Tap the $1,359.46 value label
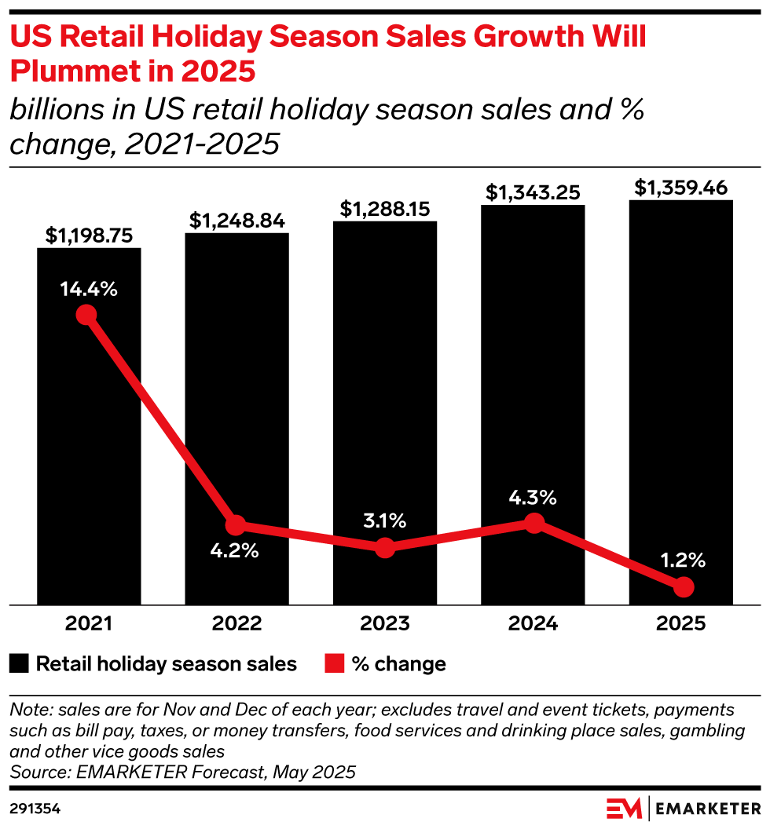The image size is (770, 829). click(x=681, y=188)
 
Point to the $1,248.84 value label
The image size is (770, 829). click(x=236, y=221)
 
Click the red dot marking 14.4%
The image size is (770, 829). click(x=86, y=316)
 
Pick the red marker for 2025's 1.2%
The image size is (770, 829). click(x=684, y=586)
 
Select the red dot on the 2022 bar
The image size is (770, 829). click(x=235, y=525)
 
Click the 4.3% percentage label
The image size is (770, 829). click(x=533, y=497)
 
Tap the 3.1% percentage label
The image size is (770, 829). click(x=384, y=520)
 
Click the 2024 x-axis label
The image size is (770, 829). click(x=533, y=623)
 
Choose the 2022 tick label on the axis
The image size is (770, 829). click(x=236, y=623)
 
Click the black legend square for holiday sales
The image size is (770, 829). click(x=19, y=664)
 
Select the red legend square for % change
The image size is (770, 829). click(x=334, y=664)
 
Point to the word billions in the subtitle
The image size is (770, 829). click(x=53, y=110)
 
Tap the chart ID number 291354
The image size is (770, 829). click(x=35, y=807)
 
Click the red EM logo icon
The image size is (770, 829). click(x=624, y=808)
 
